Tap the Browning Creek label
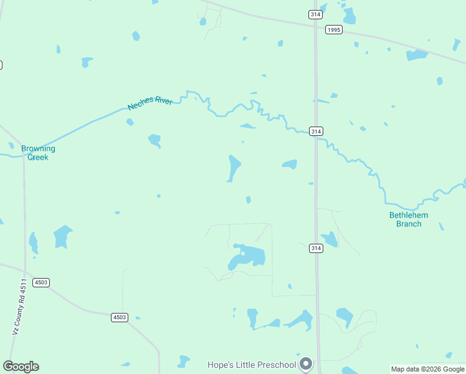[38, 153]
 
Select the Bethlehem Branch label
[409, 219]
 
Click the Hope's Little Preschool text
[252, 363]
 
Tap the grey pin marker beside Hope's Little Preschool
[306, 363]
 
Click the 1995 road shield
[334, 29]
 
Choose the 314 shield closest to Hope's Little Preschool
[316, 248]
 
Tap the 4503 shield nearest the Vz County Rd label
[42, 282]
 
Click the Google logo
[21, 367]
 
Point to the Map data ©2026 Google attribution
[427, 369]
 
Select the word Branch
[409, 224]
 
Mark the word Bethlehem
[409, 215]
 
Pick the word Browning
[38, 148]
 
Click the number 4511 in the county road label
[23, 288]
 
